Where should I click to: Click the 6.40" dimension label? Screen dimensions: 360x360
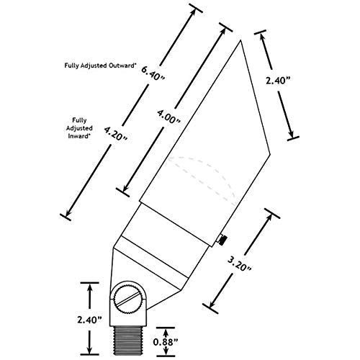point(153,73)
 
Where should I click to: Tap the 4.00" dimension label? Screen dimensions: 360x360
point(168,116)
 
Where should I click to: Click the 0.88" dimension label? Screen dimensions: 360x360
point(166,342)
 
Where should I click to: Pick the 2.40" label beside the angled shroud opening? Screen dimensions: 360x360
point(278,81)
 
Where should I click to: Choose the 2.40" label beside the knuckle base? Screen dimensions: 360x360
point(90,320)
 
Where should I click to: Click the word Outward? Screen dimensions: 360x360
point(122,65)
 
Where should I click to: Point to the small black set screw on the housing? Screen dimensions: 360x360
point(222,240)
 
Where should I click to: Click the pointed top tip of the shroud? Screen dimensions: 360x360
point(240,40)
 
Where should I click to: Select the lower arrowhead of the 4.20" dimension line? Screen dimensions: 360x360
point(68,212)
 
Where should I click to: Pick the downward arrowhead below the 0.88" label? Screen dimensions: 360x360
point(166,351)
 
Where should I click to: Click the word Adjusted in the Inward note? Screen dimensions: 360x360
point(79,128)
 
